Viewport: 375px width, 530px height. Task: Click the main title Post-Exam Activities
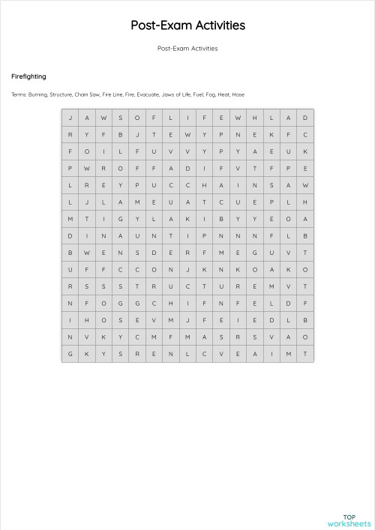[x=187, y=25]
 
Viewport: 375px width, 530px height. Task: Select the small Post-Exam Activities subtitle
[x=187, y=49]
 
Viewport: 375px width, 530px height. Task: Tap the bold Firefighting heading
[x=28, y=76]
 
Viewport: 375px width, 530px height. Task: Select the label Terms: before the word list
[x=19, y=94]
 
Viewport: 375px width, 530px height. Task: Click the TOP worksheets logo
[x=349, y=520]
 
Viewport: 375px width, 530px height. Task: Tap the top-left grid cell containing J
[x=70, y=118]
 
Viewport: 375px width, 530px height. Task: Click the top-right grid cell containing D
[x=305, y=118]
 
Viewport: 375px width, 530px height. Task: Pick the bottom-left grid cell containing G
[x=70, y=353]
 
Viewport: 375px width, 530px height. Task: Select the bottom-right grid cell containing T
[x=305, y=353]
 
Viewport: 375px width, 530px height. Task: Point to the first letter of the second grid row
[x=70, y=134]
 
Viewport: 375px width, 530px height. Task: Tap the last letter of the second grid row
[x=305, y=134]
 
